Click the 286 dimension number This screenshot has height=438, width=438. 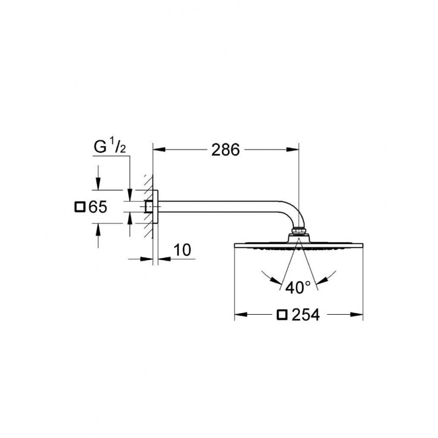(x=226, y=149)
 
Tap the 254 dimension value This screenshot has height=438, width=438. (x=306, y=315)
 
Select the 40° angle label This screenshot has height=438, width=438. (x=298, y=287)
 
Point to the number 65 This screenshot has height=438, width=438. (x=98, y=207)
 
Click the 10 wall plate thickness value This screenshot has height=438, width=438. (x=182, y=250)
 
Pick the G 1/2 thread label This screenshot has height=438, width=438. (x=110, y=147)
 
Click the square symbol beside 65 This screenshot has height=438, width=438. (x=80, y=207)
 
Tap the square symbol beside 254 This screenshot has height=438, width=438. (x=282, y=315)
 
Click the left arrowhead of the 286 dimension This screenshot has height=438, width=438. (x=159, y=149)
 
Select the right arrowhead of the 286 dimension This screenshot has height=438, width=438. (x=293, y=149)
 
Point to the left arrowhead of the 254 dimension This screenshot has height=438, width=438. (x=241, y=315)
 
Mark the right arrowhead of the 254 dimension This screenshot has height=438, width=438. (x=357, y=315)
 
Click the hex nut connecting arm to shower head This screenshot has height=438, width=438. (x=298, y=231)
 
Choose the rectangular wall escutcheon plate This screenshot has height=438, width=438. (x=155, y=207)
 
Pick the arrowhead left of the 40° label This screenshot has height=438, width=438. (x=276, y=280)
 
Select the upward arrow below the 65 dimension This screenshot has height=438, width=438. (x=98, y=235)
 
